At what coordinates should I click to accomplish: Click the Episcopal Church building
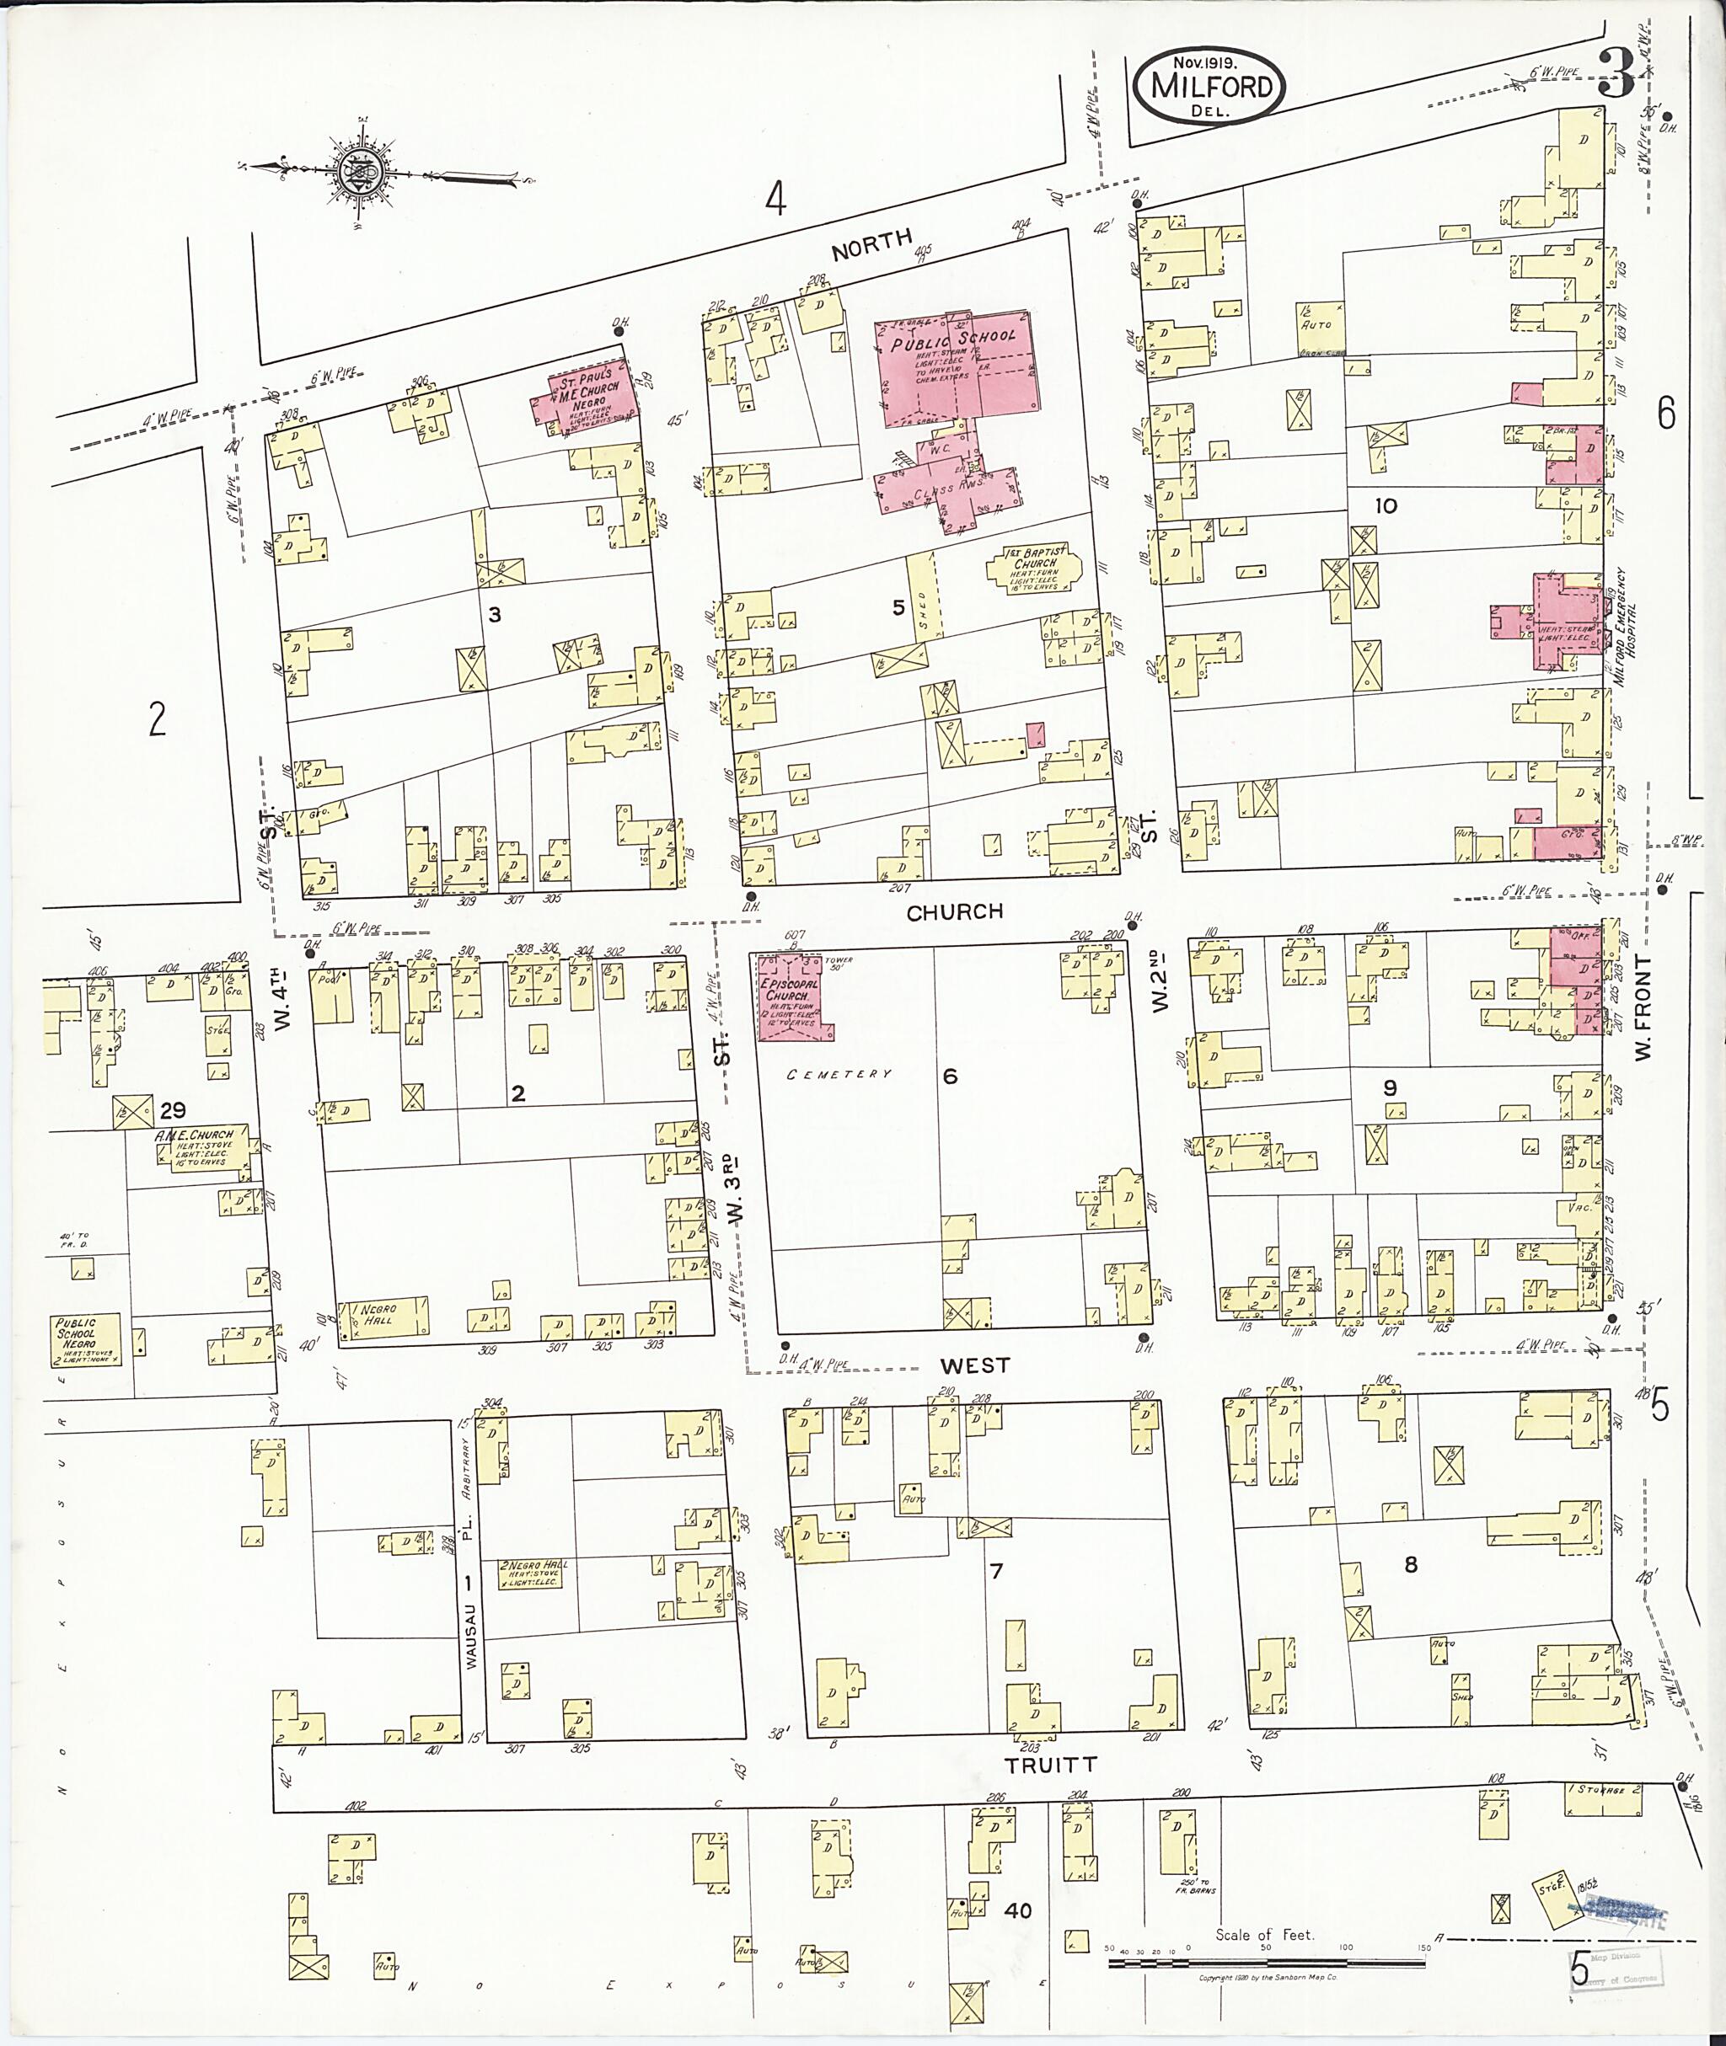tap(791, 996)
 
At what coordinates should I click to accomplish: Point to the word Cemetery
tap(840, 1074)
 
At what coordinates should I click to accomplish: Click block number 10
tap(1386, 505)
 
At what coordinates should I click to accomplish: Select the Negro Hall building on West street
tap(383, 1317)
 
